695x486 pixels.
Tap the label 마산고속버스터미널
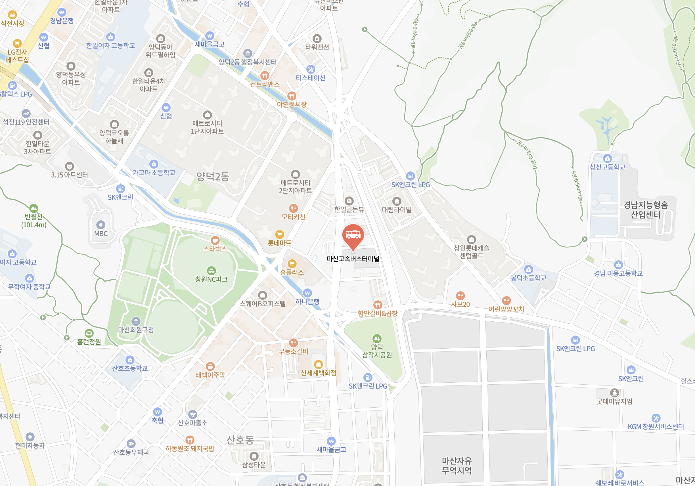click(353, 259)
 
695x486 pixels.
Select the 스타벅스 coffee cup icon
click(215, 240)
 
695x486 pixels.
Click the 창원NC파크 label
click(211, 279)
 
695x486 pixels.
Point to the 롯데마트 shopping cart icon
click(279, 234)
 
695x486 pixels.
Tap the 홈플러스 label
click(292, 272)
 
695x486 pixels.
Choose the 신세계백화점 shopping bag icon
click(318, 364)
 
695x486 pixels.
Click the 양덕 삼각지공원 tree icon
click(377, 338)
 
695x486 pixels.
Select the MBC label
click(101, 234)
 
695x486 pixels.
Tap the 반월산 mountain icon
click(34, 208)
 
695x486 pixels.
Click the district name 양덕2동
click(213, 176)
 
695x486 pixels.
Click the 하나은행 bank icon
click(307, 293)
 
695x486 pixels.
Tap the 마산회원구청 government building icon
click(136, 321)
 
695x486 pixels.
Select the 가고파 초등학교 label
click(154, 173)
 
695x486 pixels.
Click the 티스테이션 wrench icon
click(311, 69)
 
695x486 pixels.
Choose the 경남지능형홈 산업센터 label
click(645, 210)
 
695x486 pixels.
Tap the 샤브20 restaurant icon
click(460, 296)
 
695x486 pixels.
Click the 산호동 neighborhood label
click(240, 440)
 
